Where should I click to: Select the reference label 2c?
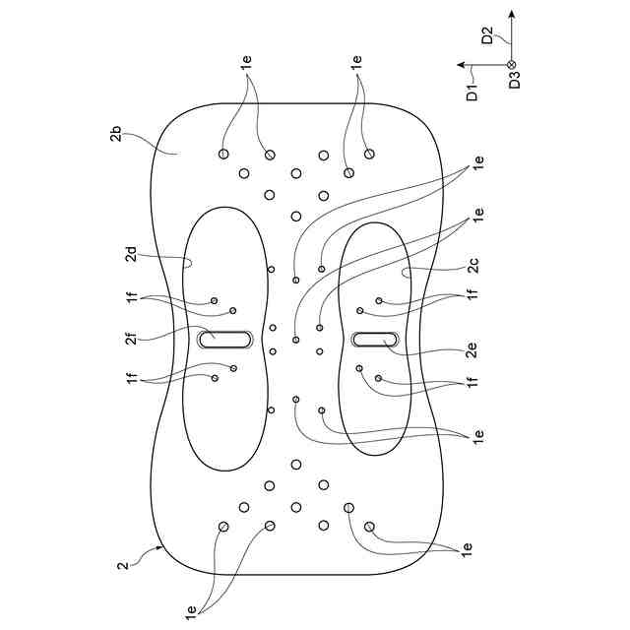(473, 265)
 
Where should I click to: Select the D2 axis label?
(487, 37)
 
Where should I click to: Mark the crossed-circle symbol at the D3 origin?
(512, 65)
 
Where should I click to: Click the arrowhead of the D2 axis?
(512, 14)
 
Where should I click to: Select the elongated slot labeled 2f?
(225, 339)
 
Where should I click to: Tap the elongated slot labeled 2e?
(375, 340)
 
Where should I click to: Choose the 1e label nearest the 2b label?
(247, 61)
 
